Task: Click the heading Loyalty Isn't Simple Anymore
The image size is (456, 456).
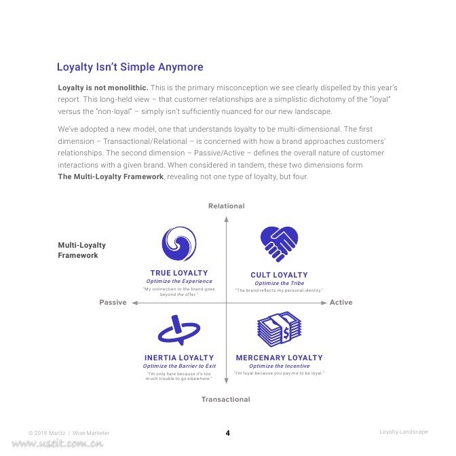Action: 130,67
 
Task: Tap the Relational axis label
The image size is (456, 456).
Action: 226,206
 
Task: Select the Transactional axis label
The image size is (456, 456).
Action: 226,400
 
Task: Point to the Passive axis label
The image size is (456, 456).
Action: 113,303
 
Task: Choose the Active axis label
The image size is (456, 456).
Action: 341,303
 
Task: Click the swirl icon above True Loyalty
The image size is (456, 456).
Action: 179,243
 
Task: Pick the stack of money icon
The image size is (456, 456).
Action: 279,330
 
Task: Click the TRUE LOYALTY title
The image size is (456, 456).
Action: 179,273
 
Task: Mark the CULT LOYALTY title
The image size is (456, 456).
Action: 279,275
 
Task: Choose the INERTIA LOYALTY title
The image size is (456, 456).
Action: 179,358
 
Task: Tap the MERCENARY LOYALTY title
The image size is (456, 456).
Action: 279,358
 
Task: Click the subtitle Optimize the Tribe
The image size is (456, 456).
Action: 279,283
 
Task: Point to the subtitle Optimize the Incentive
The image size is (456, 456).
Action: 279,366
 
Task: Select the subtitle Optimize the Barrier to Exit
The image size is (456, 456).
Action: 179,366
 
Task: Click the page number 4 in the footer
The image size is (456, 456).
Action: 227,433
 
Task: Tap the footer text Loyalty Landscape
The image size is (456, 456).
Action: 404,432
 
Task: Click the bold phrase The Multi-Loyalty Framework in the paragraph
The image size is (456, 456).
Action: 111,176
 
